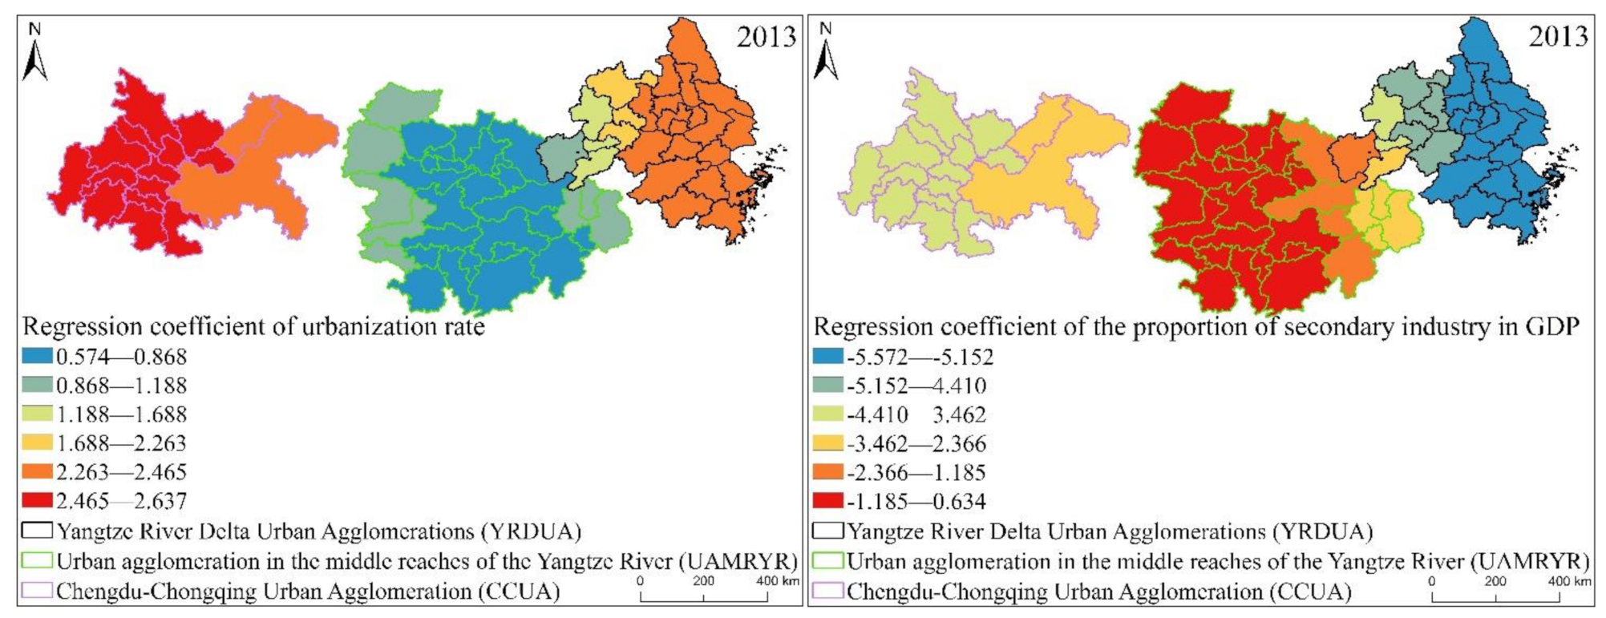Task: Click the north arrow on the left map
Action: [34, 55]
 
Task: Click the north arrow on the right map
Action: [826, 55]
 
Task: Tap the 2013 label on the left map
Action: [767, 37]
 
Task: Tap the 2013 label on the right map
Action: [1558, 37]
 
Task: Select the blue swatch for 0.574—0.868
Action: [38, 356]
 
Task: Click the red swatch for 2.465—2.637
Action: [38, 501]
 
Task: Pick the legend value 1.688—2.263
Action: [121, 443]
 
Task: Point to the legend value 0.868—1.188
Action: [121, 386]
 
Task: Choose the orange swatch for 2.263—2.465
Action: [38, 472]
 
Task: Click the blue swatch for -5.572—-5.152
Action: [828, 357]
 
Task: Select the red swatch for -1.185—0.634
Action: [828, 502]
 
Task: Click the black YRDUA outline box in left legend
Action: [38, 531]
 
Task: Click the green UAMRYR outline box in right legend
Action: [828, 560]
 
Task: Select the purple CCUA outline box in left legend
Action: [38, 591]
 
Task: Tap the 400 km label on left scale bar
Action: [778, 581]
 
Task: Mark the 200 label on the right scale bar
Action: [1495, 581]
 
